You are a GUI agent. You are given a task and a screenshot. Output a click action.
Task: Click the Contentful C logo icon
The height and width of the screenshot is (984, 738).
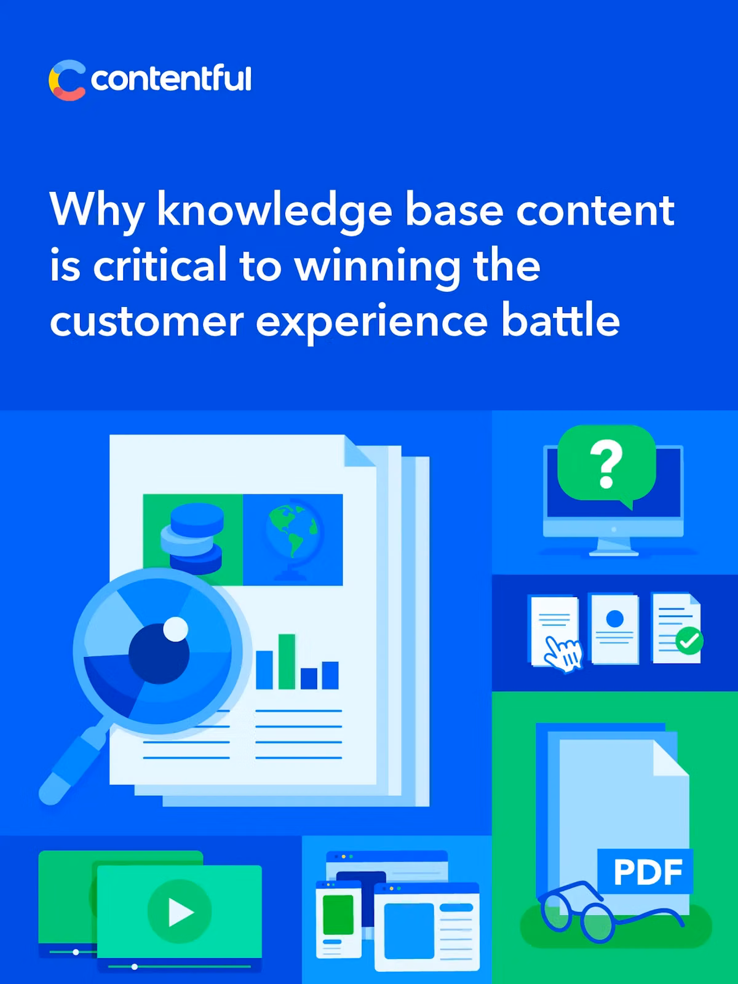67,80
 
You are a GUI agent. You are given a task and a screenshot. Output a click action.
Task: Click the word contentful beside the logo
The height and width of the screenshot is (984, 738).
171,78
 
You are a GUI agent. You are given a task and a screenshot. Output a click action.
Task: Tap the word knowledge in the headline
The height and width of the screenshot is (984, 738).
275,212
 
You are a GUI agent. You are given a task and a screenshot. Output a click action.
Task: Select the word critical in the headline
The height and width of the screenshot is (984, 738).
159,265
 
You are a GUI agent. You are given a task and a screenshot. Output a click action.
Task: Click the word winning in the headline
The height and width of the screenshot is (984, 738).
378,267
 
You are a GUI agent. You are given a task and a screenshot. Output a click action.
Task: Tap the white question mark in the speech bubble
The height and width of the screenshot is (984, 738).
606,464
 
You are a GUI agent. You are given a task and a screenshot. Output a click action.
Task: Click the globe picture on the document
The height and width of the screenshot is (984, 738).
293,540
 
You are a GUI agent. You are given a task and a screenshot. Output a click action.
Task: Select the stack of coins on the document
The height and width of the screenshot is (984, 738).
192,538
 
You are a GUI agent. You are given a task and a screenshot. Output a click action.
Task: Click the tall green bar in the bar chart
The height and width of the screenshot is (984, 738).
287,661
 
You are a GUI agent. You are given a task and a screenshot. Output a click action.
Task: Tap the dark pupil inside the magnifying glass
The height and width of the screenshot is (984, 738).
159,653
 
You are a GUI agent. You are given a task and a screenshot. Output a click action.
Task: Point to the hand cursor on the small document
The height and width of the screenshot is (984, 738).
563,654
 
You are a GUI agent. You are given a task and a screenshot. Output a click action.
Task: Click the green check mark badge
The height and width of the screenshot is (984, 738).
689,641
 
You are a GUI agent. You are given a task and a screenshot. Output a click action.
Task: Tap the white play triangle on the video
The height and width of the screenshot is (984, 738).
180,912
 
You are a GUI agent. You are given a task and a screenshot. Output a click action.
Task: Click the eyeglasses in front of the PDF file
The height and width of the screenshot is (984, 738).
609,911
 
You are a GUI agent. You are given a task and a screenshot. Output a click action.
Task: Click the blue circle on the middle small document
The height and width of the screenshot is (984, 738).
615,619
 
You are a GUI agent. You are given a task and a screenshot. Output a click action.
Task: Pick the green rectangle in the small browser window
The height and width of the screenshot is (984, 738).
338,915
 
